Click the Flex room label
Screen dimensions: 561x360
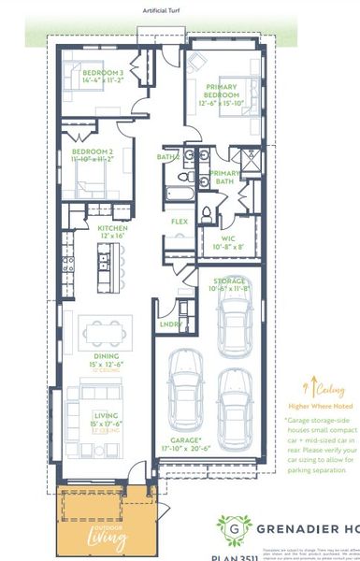[179, 222]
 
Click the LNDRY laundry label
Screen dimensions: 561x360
[169, 324]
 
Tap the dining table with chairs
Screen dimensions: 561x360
[104, 329]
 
